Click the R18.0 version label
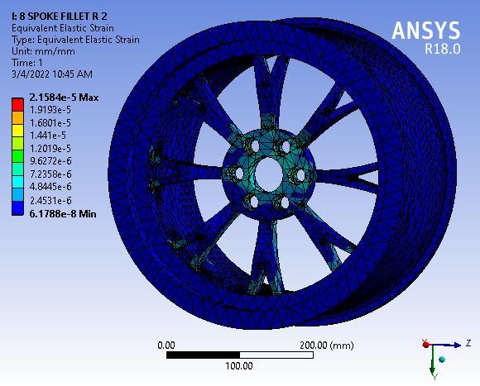442,49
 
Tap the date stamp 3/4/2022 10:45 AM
51,74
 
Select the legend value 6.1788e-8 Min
62,213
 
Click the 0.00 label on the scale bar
166,345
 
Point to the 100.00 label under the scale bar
239,365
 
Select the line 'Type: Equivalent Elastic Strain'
74,40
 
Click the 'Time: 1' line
27,63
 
